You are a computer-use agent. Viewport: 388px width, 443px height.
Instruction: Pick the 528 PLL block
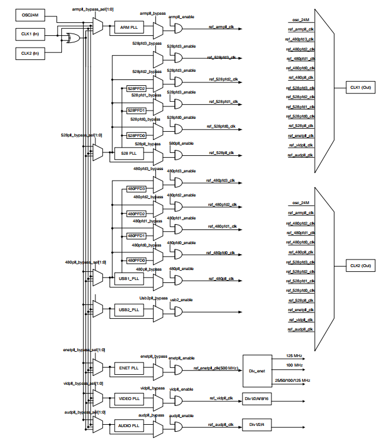click(128, 153)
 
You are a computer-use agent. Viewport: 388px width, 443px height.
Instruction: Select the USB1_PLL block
click(128, 278)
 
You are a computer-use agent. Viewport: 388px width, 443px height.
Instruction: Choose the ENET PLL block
click(128, 368)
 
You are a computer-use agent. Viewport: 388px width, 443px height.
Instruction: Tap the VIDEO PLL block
click(128, 398)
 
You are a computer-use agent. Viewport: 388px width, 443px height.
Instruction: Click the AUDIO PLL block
click(128, 425)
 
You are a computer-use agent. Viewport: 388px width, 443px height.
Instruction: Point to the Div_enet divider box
click(257, 371)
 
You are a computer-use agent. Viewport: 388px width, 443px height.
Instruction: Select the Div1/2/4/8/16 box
click(257, 399)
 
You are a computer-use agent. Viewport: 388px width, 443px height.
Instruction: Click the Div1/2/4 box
click(257, 425)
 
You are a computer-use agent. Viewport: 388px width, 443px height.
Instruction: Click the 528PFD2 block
click(137, 88)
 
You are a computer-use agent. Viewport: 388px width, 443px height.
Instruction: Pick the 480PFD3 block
click(137, 189)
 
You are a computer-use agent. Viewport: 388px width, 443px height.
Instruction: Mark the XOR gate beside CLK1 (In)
click(74, 38)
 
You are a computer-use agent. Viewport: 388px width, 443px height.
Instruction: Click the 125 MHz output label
click(294, 357)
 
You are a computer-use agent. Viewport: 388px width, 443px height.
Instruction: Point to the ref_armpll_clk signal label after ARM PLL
click(221, 26)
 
